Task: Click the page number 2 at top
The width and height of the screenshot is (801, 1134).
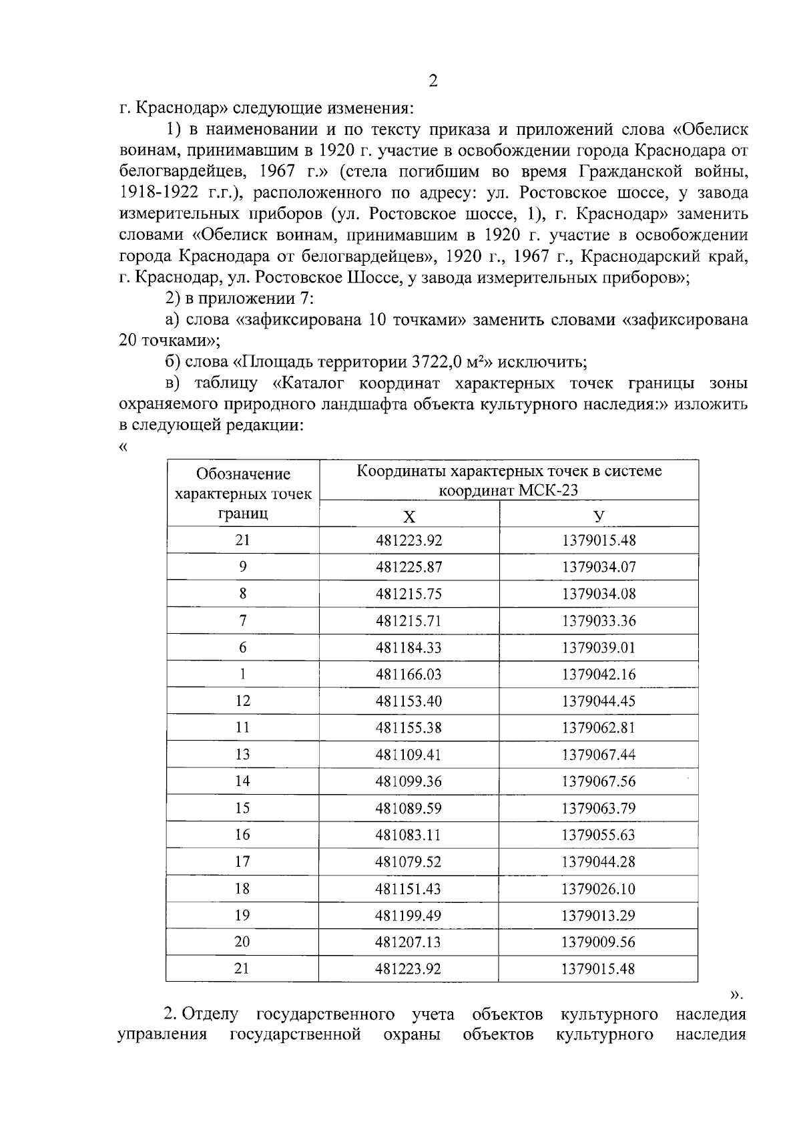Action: (433, 81)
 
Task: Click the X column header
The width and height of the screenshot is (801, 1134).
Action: (409, 516)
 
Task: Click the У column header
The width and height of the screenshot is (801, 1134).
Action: (599, 516)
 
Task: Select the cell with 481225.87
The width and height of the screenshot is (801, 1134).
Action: (409, 567)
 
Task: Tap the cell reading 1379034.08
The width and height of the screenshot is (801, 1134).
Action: (599, 594)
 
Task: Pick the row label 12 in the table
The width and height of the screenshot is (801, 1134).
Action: (242, 701)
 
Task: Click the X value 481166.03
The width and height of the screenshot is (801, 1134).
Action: (409, 674)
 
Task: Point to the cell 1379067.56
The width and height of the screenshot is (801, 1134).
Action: (599, 781)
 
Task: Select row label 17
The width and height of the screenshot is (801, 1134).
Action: (242, 862)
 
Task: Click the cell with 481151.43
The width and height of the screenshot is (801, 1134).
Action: (409, 888)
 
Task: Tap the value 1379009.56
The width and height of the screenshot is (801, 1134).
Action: (599, 942)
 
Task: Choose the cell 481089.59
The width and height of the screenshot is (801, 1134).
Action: (409, 808)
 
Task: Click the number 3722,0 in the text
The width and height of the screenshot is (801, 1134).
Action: (437, 363)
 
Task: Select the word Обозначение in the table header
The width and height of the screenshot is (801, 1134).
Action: (243, 474)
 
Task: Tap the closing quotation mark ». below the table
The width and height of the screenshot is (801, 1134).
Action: (737, 995)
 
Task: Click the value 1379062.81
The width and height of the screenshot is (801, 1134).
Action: (599, 728)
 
